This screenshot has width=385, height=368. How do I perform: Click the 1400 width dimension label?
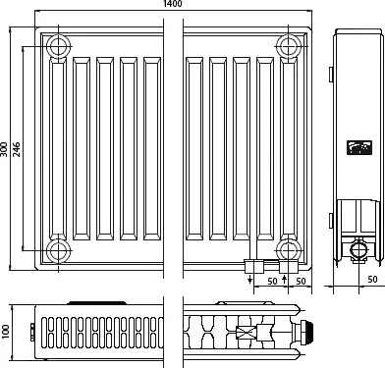[172, 4]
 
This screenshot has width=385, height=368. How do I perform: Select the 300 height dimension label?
[4, 149]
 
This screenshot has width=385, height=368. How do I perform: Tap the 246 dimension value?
[17, 149]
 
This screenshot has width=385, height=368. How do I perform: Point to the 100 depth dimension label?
[6, 332]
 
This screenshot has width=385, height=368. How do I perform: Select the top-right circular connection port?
[289, 46]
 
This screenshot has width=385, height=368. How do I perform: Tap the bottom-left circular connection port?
[59, 251]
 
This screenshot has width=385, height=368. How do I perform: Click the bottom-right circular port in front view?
[289, 251]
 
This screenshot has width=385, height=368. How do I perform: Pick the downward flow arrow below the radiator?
[250, 279]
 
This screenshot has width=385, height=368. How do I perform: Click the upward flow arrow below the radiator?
[284, 279]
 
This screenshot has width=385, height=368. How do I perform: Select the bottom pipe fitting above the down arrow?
[254, 266]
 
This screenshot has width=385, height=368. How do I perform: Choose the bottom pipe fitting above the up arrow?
[289, 267]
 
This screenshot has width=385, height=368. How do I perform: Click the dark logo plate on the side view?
[359, 147]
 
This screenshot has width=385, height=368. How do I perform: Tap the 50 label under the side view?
[372, 280]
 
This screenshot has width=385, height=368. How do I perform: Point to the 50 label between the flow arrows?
[272, 282]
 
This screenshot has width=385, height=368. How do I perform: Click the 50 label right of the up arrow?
[301, 282]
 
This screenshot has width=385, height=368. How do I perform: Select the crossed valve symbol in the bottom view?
[247, 332]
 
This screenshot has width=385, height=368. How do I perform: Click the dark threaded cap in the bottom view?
[308, 332]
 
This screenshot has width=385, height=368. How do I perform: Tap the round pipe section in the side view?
[359, 250]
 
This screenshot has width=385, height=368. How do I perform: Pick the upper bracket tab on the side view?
[331, 75]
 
